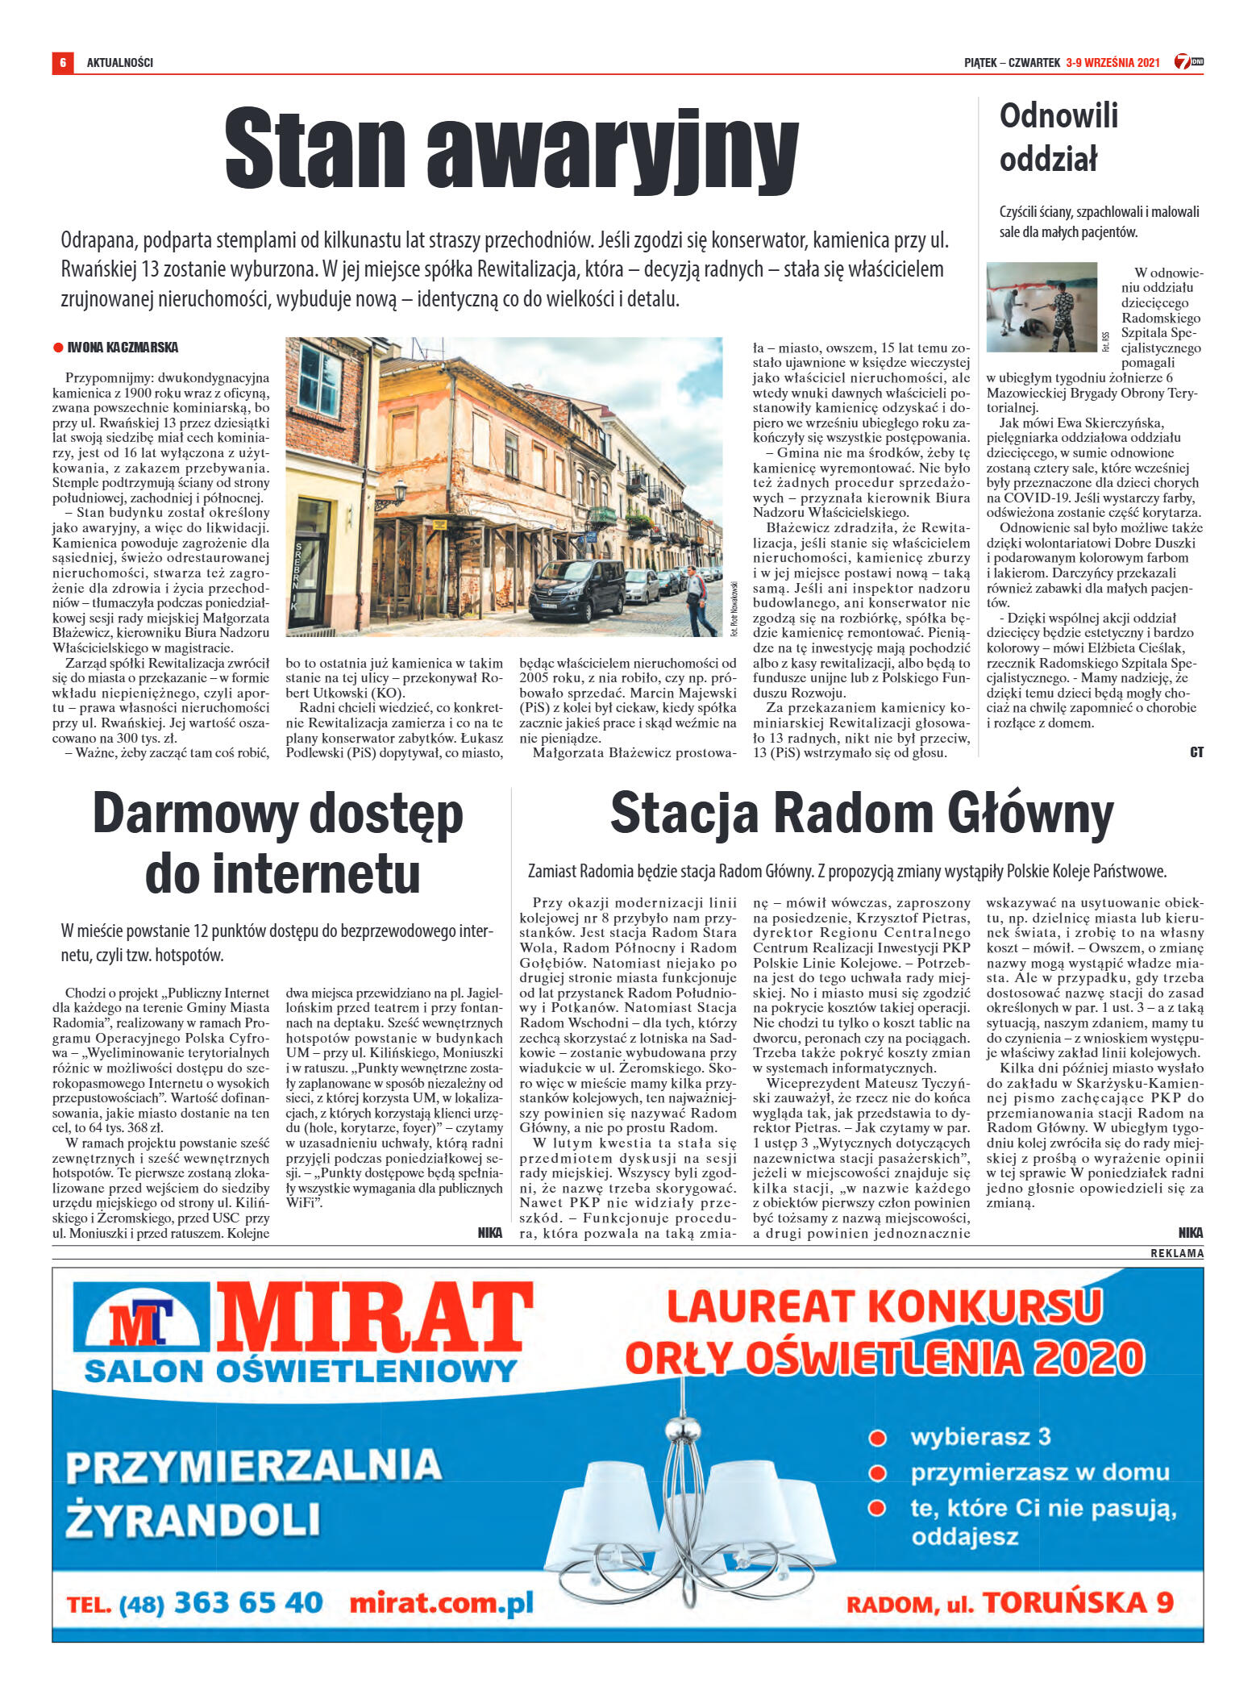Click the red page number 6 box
pos(62,62)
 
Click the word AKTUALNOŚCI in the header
pos(120,62)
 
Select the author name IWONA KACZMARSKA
pos(123,348)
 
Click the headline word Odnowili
pos(1058,116)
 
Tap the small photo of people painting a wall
pos(1042,307)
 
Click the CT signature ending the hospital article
pos(1196,752)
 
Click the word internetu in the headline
pos(283,873)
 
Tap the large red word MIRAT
pos(376,1319)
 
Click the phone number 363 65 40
pos(248,1601)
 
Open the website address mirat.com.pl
pos(442,1601)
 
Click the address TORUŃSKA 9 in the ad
pos(1078,1601)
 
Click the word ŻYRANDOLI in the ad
pos(193,1520)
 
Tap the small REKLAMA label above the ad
pos(1177,1253)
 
